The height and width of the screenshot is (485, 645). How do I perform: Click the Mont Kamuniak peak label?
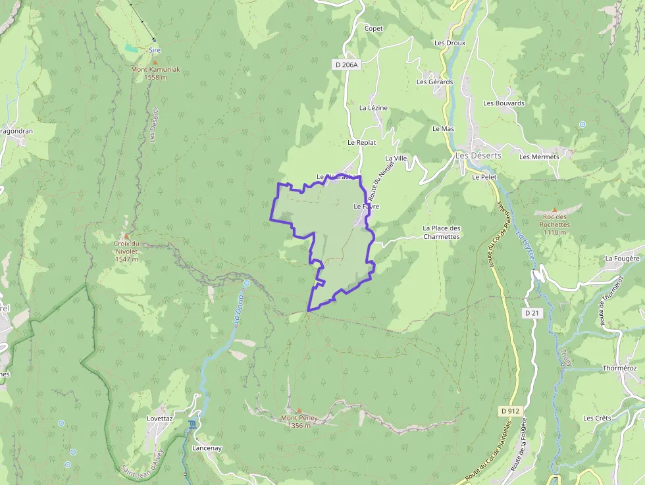155,73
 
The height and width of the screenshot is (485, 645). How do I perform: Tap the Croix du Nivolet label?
126,251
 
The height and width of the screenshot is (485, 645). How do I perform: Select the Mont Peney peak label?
299,421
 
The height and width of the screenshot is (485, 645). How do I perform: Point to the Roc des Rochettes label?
554,224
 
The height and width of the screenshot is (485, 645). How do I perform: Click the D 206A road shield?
346,64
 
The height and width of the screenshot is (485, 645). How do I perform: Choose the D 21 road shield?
532,313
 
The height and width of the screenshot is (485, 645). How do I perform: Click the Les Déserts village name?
478,155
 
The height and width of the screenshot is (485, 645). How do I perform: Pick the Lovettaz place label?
159,418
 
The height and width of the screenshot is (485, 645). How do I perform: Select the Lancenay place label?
207,447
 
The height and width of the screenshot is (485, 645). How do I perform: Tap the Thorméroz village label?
619,369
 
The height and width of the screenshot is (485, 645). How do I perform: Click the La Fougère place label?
622,259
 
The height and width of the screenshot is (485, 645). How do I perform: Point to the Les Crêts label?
597,418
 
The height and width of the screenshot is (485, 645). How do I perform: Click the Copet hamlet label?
373,28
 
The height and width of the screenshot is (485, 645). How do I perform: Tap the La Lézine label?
373,107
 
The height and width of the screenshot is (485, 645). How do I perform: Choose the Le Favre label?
367,206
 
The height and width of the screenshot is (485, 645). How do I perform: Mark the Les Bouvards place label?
503,103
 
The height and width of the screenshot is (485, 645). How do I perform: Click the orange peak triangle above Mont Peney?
299,411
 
